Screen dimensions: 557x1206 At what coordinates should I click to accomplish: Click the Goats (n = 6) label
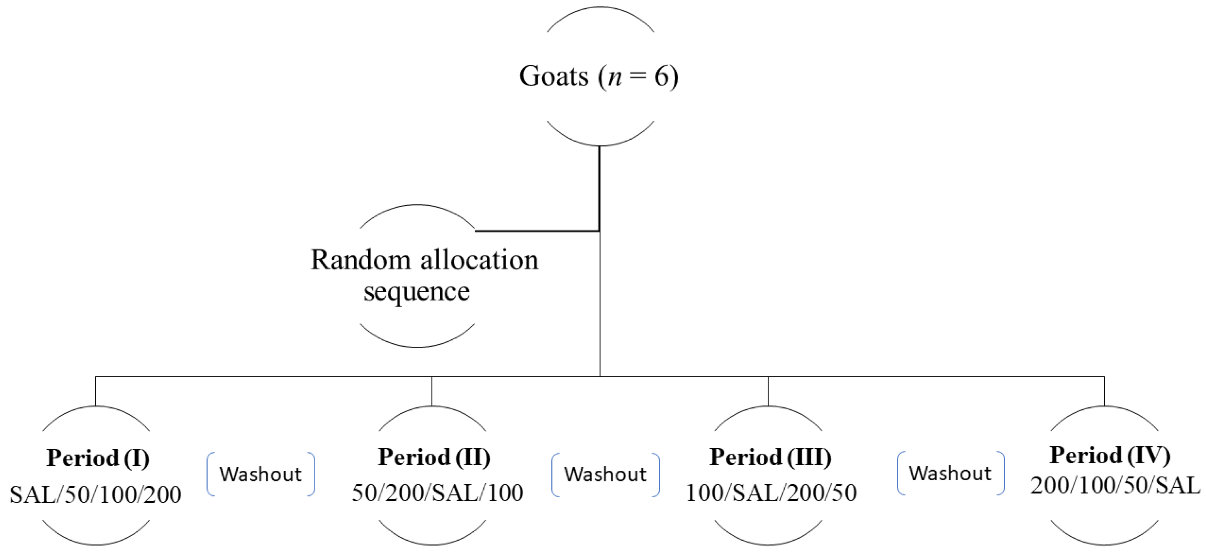pos(599,76)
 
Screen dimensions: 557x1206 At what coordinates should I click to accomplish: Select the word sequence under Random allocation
pos(417,292)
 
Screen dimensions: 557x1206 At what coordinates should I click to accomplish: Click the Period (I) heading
pos(98,458)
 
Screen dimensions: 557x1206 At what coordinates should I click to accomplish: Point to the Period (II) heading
pos(434,457)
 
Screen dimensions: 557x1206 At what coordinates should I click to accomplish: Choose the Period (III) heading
pos(770,457)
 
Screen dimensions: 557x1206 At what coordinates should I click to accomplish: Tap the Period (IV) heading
pos(1110,455)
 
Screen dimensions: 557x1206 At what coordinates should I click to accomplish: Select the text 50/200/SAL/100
pos(437,492)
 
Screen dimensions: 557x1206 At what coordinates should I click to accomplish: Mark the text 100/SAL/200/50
pos(771,492)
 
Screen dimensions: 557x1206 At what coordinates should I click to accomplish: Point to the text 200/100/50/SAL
pos(1115,485)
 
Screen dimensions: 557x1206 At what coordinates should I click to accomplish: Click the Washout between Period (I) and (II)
pos(261,474)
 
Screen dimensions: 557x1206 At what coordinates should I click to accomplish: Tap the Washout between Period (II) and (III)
pos(605,474)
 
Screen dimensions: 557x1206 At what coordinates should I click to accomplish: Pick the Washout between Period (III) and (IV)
pos(950,473)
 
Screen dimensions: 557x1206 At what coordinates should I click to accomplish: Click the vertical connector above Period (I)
pos(95,391)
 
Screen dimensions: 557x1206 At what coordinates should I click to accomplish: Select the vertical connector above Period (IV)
pos(1104,391)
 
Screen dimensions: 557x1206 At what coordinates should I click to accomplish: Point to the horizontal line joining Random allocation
pos(537,231)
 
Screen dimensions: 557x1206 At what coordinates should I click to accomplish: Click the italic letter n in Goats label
pos(615,77)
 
